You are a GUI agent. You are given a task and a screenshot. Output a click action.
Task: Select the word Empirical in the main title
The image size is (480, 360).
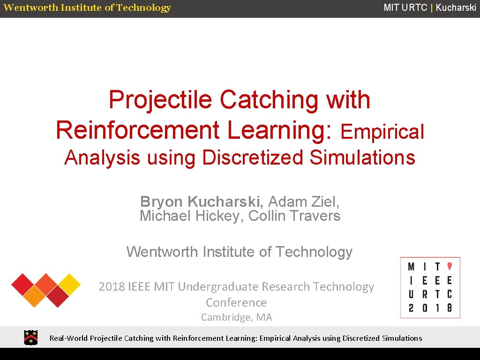point(382,132)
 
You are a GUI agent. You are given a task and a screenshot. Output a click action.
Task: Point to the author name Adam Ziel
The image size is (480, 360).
point(303,202)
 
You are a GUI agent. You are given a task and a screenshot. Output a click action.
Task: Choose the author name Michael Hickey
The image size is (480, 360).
point(192,216)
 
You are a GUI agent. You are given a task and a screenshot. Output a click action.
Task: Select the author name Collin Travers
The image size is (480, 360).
point(294,216)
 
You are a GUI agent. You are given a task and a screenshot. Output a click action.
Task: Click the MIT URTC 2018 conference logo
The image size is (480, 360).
point(430,287)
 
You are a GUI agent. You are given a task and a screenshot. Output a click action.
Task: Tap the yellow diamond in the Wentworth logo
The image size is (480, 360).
point(69,284)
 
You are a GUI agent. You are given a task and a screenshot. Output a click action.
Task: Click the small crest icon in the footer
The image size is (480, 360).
point(31,337)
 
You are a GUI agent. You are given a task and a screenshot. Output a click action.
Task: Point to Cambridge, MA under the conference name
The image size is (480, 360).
point(236,317)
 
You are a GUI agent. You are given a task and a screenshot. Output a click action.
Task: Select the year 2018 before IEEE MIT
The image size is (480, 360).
point(111,287)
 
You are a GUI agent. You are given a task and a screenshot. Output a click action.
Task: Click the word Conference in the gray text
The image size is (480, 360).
point(236,302)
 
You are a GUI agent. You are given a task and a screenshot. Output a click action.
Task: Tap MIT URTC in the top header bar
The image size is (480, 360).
point(405,7)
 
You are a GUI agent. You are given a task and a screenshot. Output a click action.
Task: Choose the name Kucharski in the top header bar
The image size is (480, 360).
point(456,7)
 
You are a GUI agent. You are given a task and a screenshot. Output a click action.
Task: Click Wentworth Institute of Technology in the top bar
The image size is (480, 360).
point(87,7)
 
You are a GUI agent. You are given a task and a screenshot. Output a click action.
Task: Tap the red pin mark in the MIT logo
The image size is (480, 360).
point(449,266)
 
